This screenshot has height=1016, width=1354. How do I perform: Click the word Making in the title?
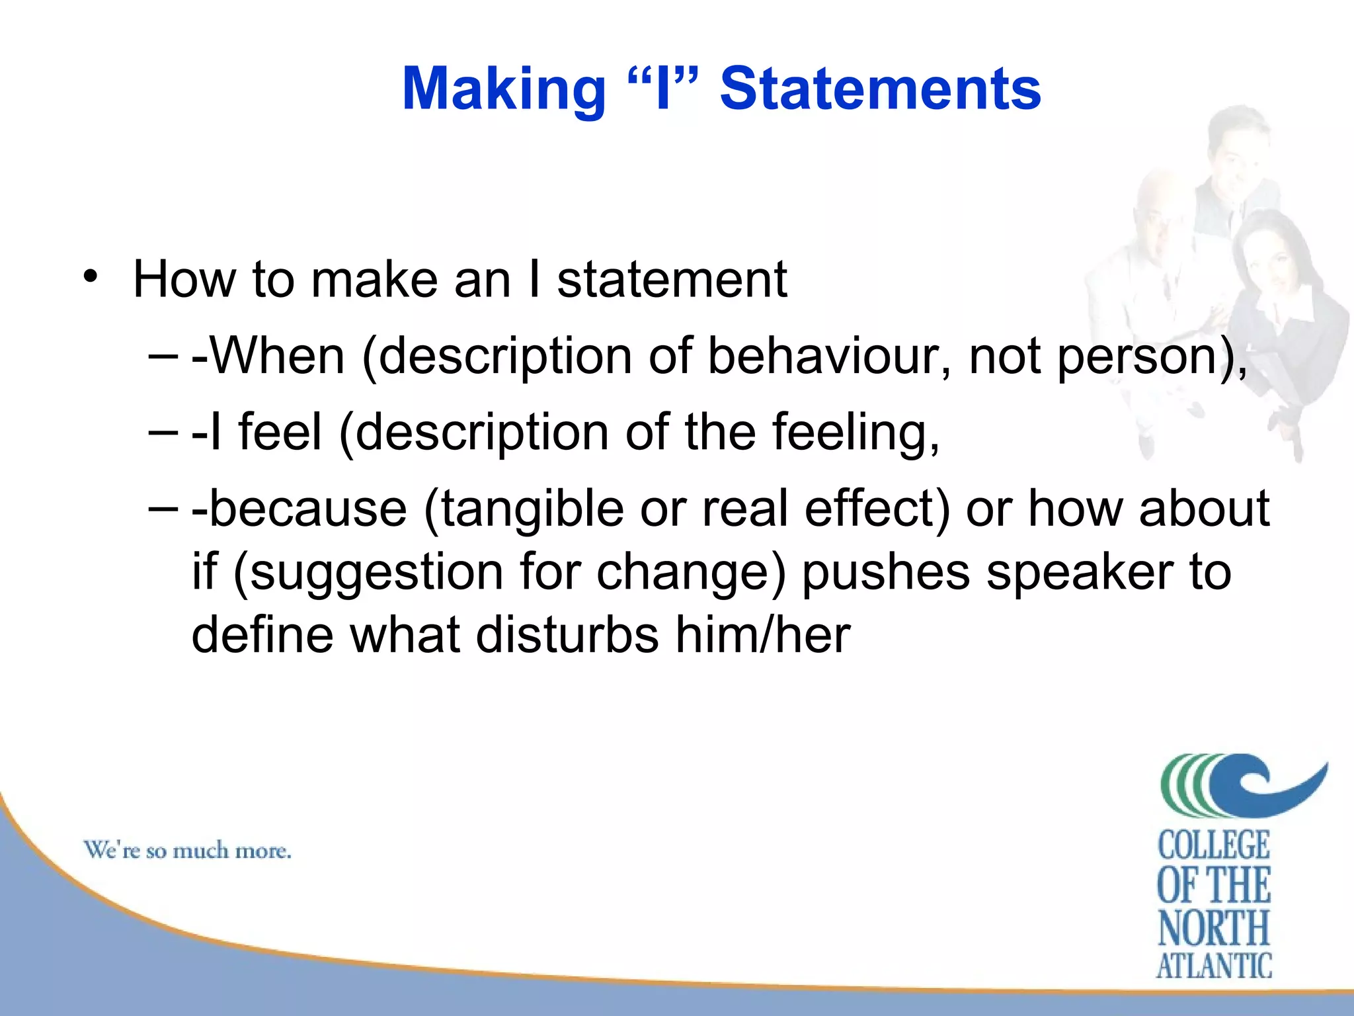(x=504, y=89)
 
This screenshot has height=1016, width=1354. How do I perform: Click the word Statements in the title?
(x=880, y=89)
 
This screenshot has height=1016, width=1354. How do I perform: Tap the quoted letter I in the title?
(x=662, y=89)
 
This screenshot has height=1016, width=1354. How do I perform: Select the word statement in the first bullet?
(x=672, y=280)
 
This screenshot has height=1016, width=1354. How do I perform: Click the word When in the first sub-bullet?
(x=277, y=357)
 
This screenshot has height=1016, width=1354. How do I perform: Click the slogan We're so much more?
(x=187, y=850)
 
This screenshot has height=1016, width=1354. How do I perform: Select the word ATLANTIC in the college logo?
(x=1213, y=966)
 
